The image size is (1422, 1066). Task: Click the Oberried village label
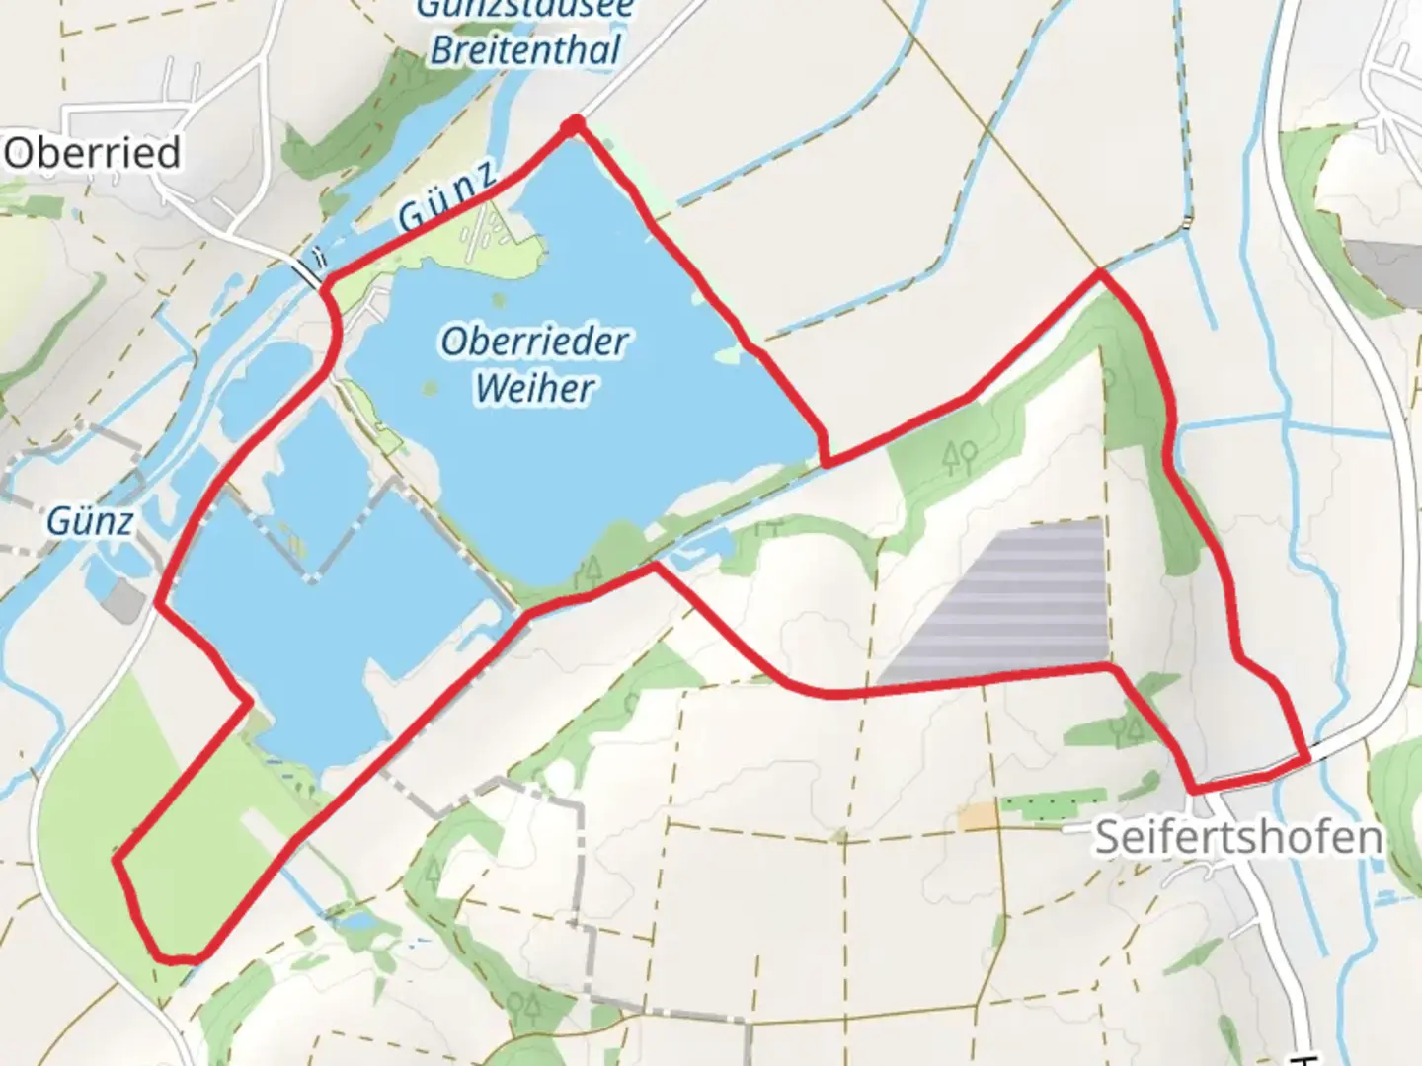pos(92,153)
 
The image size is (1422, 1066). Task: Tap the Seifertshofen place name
pos(1238,837)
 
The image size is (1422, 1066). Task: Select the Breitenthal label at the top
pos(525,49)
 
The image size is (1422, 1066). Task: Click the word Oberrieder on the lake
pos(534,342)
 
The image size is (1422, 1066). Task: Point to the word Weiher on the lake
pos(534,387)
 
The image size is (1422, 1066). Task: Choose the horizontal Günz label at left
pos(89,520)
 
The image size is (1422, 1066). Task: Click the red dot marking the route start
pos(573,124)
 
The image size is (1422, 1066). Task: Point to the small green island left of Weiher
pos(430,387)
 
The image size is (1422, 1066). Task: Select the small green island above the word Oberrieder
pos(497,301)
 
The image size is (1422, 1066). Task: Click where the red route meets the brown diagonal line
pos(1099,272)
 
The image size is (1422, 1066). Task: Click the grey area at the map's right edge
pos(1392,266)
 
